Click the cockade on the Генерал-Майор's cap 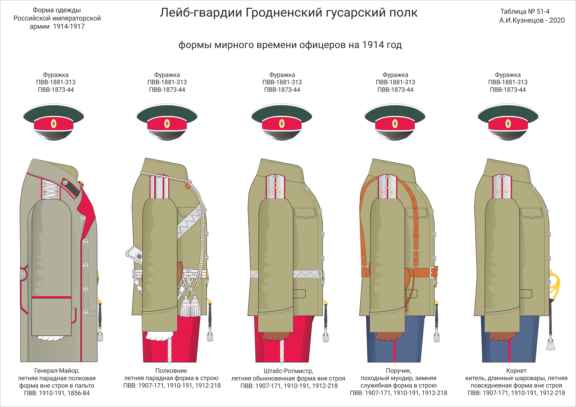(54, 123)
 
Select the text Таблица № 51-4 (525, 11)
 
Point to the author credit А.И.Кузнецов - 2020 (532, 20)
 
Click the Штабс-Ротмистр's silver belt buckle (317, 274)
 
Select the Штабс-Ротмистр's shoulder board (275, 187)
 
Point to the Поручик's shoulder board (387, 187)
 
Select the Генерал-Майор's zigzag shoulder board (50, 189)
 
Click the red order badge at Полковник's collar (188, 186)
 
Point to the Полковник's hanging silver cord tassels (190, 307)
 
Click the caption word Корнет (516, 371)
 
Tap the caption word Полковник (171, 371)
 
